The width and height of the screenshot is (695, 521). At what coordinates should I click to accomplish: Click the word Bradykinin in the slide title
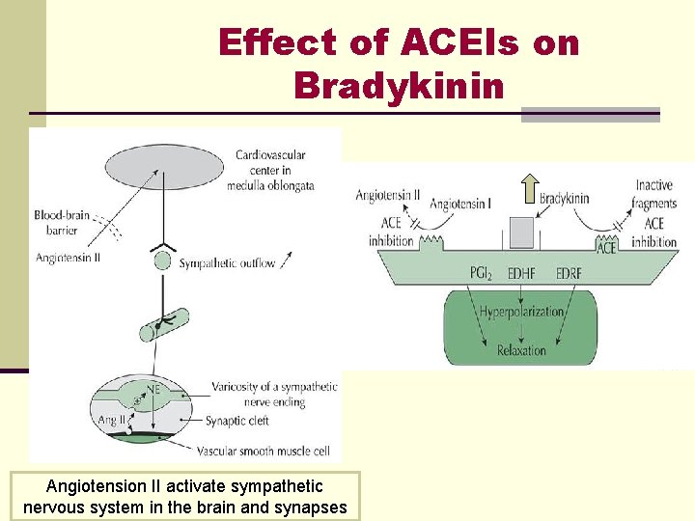tap(399, 86)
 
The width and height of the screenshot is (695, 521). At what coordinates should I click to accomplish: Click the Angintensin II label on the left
tap(69, 257)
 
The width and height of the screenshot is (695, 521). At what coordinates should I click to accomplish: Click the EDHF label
tap(522, 273)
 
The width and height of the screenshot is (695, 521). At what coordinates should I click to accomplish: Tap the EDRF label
tap(570, 273)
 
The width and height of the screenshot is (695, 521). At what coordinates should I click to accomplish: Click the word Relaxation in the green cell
tap(521, 350)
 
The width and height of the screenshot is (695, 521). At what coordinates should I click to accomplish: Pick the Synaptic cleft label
tap(237, 421)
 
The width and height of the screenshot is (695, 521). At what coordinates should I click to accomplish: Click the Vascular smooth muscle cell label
tap(262, 451)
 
